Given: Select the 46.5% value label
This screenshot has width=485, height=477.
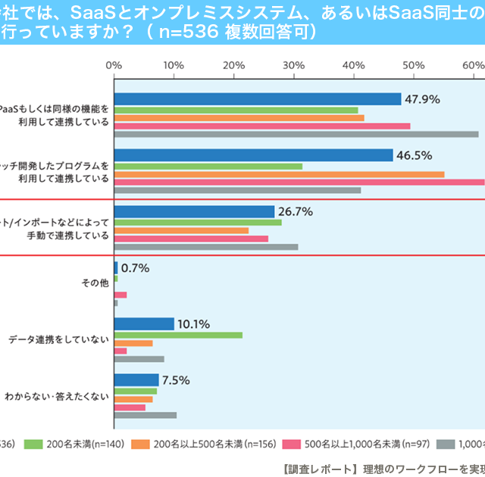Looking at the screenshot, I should tap(416, 155).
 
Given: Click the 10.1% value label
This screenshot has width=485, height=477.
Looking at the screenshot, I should tap(193, 323).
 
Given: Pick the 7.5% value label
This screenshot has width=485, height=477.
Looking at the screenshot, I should tap(175, 379).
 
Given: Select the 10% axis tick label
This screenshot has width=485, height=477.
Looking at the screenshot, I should tap(174, 66).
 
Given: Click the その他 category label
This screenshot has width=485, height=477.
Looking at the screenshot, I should tap(95, 283).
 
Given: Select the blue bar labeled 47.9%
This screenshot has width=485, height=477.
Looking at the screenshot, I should tap(258, 99).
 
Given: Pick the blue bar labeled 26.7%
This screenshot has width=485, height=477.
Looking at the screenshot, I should tap(194, 211).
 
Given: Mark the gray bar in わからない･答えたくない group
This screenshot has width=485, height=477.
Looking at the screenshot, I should tap(145, 415).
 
